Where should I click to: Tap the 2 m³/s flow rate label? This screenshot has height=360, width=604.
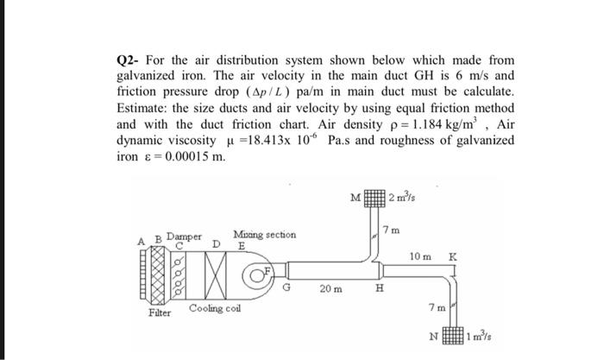(401, 199)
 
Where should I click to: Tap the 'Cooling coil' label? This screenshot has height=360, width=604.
(213, 308)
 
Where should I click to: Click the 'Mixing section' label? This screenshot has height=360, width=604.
(264, 234)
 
